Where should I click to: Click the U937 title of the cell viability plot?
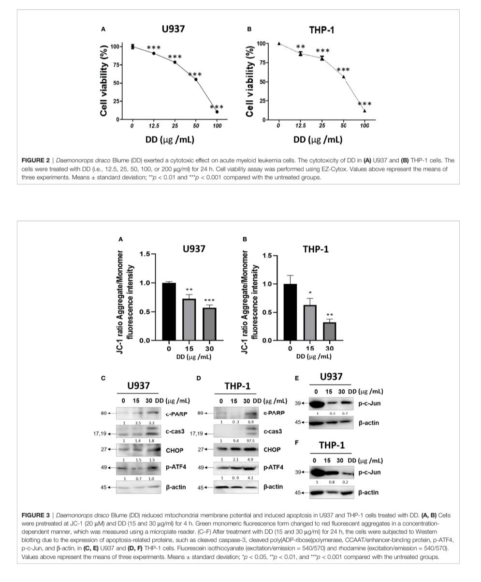click(173, 29)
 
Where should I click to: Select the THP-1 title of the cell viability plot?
click(321, 30)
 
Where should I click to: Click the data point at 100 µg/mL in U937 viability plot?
click(217, 112)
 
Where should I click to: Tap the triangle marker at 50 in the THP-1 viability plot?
click(344, 77)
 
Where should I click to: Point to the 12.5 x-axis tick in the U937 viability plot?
click(153, 126)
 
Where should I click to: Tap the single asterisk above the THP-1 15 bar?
click(309, 292)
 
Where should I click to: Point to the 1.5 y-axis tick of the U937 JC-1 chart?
click(144, 254)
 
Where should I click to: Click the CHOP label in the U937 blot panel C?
click(175, 450)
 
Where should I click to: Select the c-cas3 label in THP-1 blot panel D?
click(273, 430)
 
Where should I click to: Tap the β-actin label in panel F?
click(369, 492)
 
